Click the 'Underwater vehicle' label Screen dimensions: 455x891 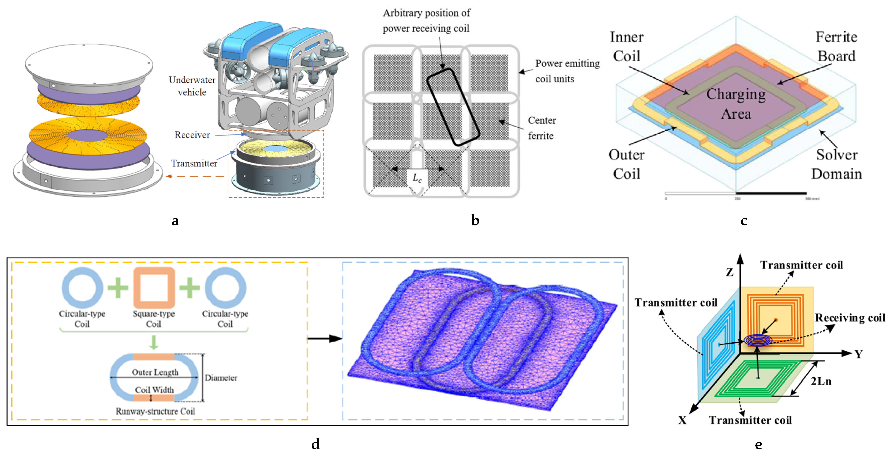(x=192, y=86)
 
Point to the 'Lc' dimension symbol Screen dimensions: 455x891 (x=417, y=178)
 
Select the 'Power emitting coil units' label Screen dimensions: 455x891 (x=567, y=71)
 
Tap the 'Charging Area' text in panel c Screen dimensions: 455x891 (x=736, y=104)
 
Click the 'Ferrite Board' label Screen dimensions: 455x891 (x=836, y=47)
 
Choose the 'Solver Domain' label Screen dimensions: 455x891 (x=836, y=164)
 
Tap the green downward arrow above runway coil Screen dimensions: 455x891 (x=154, y=342)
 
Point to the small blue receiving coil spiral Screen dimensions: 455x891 (x=758, y=340)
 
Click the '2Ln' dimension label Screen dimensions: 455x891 (x=821, y=381)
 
